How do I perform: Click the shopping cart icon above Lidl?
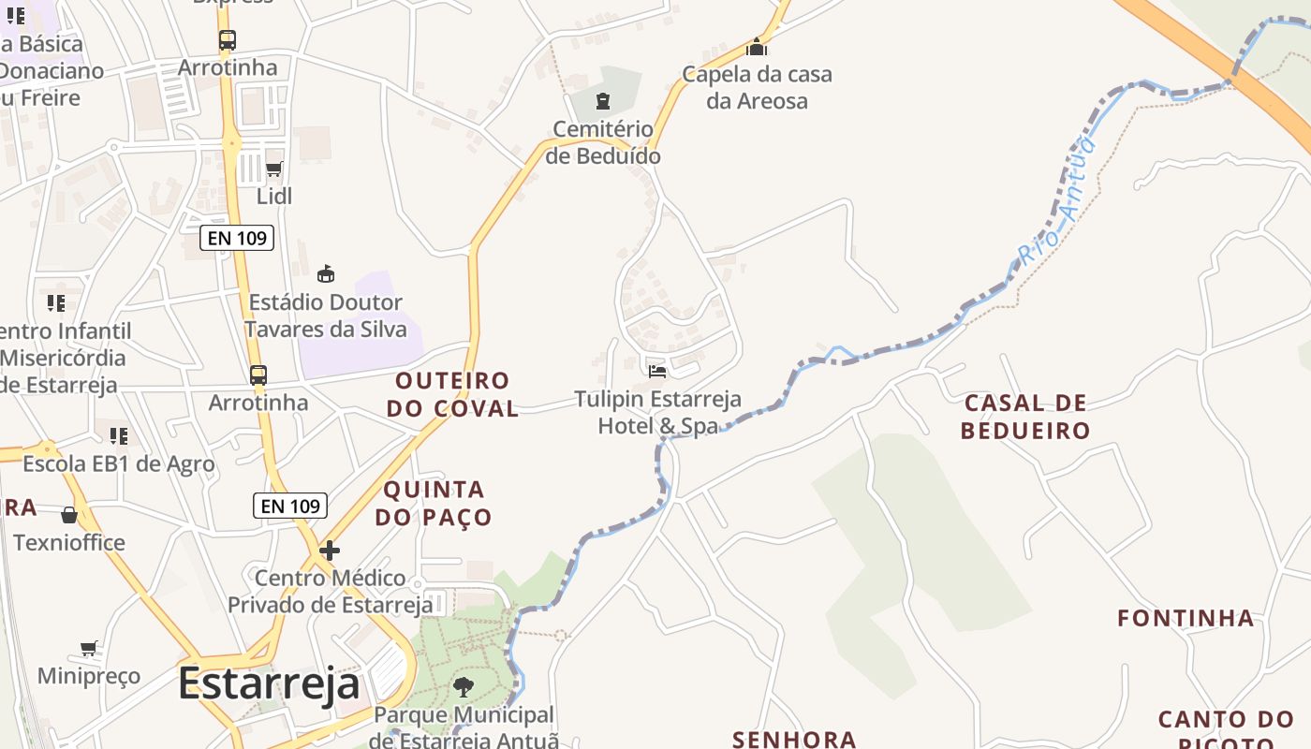coord(274,169)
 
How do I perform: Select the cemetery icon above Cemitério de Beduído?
coord(603,101)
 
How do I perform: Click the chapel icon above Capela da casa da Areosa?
coord(757,47)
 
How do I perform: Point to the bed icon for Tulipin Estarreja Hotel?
coord(657,371)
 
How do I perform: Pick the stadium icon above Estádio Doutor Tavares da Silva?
coord(326,274)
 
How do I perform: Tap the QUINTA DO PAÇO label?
coord(434,503)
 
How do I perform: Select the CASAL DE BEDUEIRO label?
coord(1025,417)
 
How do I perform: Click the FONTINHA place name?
coord(1186,618)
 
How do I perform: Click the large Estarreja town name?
coord(269,683)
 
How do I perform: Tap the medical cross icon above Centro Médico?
coord(330,551)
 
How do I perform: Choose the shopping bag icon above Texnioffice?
coord(69,515)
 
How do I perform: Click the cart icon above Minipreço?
coord(89,648)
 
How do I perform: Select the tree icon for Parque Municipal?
coord(464,687)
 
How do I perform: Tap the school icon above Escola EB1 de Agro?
coord(119,436)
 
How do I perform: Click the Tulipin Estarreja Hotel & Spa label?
coord(658,412)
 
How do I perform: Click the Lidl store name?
coord(274,197)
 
